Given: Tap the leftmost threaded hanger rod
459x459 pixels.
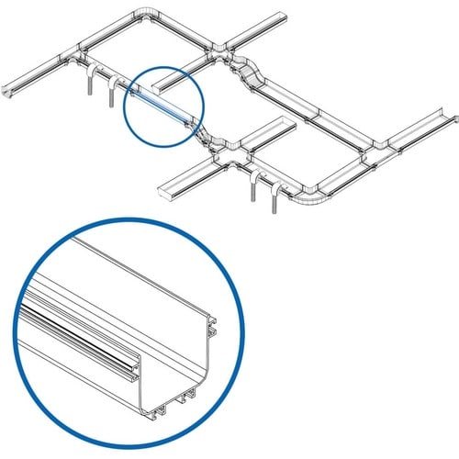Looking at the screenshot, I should click(89, 84).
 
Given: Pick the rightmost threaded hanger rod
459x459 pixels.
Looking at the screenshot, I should click(277, 196).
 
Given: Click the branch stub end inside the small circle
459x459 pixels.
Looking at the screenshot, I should click(160, 83).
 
